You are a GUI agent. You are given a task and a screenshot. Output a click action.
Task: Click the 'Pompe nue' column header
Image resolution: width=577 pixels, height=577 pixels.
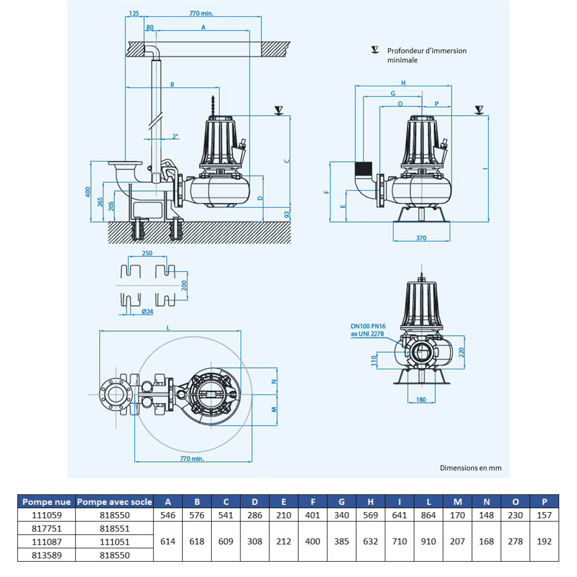[x=47, y=502]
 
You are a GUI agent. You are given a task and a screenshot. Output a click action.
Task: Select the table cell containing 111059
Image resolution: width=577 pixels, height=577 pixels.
[x=47, y=515]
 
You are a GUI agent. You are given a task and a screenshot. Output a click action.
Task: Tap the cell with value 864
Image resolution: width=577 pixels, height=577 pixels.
[x=428, y=515]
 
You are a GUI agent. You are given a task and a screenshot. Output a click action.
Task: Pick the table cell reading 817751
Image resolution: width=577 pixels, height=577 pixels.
[x=47, y=528]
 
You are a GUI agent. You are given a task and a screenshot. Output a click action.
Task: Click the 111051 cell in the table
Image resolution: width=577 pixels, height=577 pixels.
[x=114, y=541]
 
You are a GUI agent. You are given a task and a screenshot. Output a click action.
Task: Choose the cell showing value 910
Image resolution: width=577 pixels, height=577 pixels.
[x=428, y=541]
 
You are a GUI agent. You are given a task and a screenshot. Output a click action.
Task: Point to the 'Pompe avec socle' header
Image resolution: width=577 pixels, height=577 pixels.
[x=114, y=502]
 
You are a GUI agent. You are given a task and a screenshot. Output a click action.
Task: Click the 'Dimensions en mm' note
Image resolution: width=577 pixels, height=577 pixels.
[x=470, y=468]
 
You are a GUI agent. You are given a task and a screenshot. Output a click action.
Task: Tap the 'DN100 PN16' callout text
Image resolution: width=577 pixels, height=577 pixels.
[x=368, y=326]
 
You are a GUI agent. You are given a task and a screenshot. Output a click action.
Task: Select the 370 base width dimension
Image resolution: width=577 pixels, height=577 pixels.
[x=421, y=238]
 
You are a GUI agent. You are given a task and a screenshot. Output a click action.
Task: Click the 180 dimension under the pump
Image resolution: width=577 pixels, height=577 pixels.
[x=421, y=400]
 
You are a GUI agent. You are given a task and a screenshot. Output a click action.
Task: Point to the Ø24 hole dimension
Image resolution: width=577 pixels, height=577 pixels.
[x=147, y=312]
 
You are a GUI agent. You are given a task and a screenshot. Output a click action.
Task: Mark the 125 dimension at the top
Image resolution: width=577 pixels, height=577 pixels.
[x=134, y=13]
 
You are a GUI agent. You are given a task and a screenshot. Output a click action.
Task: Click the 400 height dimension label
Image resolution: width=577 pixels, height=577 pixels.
[x=88, y=192]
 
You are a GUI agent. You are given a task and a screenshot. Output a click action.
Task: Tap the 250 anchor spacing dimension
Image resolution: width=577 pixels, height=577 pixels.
[x=147, y=253]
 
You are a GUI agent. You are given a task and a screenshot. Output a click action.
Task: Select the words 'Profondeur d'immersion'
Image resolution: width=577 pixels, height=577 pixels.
[x=426, y=50]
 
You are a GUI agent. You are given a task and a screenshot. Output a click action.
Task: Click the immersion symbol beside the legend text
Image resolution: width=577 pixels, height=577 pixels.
[x=375, y=50]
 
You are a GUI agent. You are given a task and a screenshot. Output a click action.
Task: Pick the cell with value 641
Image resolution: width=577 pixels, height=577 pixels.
[x=400, y=515]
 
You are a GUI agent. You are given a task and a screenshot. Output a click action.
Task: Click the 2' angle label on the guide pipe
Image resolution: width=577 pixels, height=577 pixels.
[x=176, y=137]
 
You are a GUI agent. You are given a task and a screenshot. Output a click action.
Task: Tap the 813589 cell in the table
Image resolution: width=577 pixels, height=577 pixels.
[x=47, y=555]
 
